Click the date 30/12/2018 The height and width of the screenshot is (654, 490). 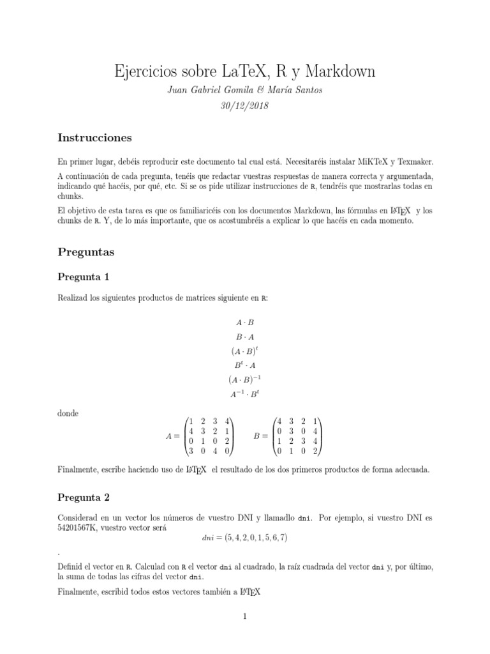[245, 105]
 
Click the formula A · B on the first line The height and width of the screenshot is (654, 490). [245, 323]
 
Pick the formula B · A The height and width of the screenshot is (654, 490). [245, 336]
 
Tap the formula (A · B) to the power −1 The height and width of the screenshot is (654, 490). [245, 379]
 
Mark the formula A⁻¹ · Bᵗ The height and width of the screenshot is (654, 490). [245, 394]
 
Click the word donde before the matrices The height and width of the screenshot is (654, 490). [68, 413]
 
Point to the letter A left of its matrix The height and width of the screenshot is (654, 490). [168, 437]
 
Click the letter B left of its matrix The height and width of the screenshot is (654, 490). [258, 437]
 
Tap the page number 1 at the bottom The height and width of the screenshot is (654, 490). [245, 617]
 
